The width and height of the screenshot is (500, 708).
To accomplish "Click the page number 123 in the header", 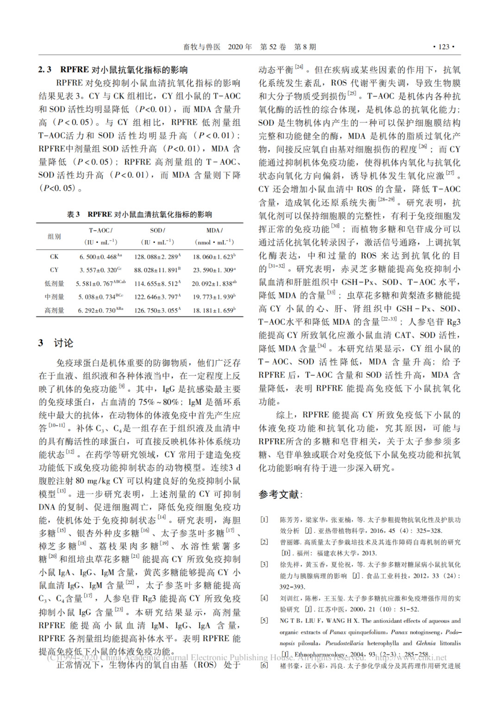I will (x=444, y=47).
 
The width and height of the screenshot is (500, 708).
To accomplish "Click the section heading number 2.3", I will (x=45, y=70).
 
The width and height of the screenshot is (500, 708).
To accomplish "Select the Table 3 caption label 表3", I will (x=73, y=214).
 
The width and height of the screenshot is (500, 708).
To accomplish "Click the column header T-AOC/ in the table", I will (x=100, y=230).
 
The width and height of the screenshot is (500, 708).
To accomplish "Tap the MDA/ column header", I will (x=214, y=230).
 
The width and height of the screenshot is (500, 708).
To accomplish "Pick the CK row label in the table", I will (x=54, y=256).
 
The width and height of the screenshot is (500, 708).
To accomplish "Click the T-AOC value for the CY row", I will (x=100, y=270).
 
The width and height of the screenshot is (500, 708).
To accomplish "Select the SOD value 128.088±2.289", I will (x=157, y=256).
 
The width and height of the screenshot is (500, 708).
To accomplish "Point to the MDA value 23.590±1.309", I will (x=214, y=270).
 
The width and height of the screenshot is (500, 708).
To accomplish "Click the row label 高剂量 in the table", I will (x=54, y=310).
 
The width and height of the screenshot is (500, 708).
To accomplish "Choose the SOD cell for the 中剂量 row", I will (x=157, y=297).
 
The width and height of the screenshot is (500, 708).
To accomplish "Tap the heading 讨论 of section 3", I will (x=63, y=343).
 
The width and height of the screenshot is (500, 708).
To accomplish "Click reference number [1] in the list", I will (x=264, y=520).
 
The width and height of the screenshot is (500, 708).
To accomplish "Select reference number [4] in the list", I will (x=264, y=598).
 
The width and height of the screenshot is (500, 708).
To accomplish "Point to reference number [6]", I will (x=264, y=666).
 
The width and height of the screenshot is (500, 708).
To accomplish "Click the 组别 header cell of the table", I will (x=54, y=236).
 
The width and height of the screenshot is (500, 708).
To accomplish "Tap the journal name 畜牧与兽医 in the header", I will (x=202, y=47).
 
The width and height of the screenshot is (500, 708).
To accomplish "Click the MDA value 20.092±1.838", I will (x=214, y=283).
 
